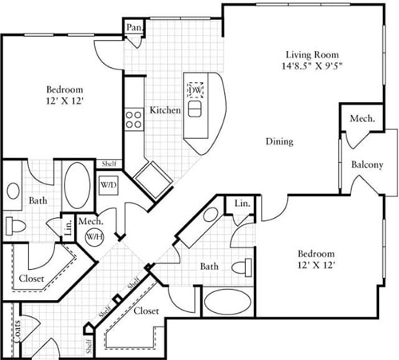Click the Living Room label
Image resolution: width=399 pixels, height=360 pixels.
click(x=303, y=55)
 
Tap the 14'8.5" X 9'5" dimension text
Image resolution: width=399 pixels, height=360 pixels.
click(x=303, y=68)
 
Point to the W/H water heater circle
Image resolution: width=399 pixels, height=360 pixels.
click(x=95, y=237)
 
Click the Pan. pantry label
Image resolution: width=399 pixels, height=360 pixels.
click(x=133, y=28)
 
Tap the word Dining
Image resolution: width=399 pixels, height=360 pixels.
click(x=279, y=141)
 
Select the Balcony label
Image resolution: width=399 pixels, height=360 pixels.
click(x=367, y=165)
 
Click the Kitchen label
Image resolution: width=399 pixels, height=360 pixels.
click(x=164, y=109)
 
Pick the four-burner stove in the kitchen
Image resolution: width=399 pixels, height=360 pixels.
click(x=133, y=120)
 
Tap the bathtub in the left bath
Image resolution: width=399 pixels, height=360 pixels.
click(x=77, y=186)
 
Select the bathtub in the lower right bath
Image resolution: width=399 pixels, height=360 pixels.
click(x=227, y=303)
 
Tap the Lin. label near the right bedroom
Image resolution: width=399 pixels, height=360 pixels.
click(x=242, y=205)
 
